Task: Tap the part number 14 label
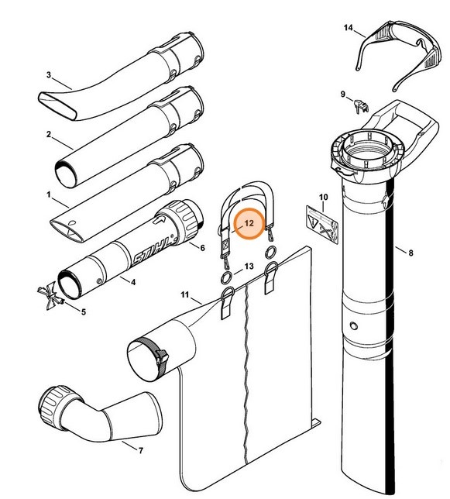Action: coord(349,29)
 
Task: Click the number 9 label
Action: coord(342,94)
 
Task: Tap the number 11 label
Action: coord(185,294)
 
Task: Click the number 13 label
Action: coord(249,267)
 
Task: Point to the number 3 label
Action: coord(49,75)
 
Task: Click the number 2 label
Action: coord(49,134)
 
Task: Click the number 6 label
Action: coord(202,248)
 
